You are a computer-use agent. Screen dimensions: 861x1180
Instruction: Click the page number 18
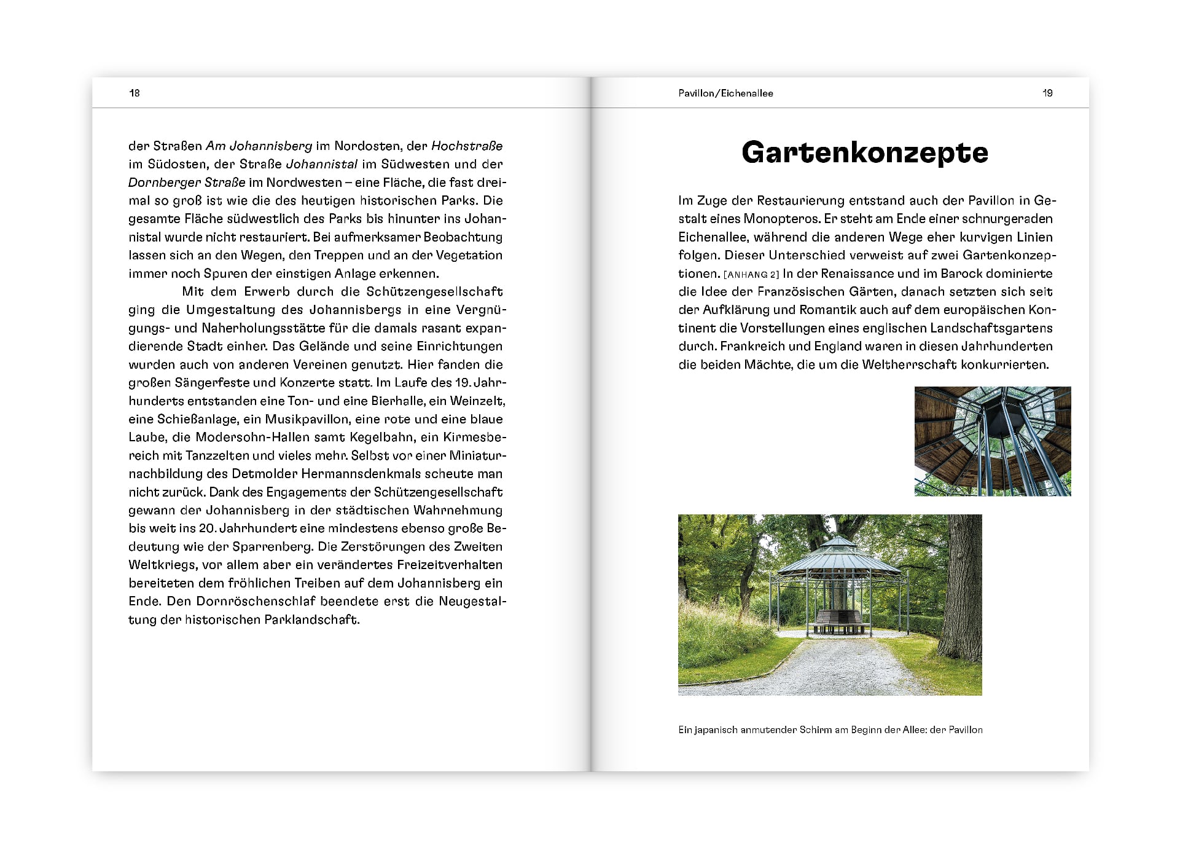(135, 93)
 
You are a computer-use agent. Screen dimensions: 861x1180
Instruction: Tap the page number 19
(1047, 93)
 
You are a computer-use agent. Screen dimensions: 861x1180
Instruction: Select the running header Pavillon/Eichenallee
(725, 93)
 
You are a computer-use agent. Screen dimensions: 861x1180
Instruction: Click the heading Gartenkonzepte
(864, 152)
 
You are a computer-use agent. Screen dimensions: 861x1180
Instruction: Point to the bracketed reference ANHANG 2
(751, 275)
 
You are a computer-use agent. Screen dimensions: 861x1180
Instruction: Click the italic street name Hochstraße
(467, 146)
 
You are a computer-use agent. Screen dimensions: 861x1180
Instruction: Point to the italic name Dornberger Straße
(187, 183)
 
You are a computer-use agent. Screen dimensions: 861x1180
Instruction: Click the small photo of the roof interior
(992, 441)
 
